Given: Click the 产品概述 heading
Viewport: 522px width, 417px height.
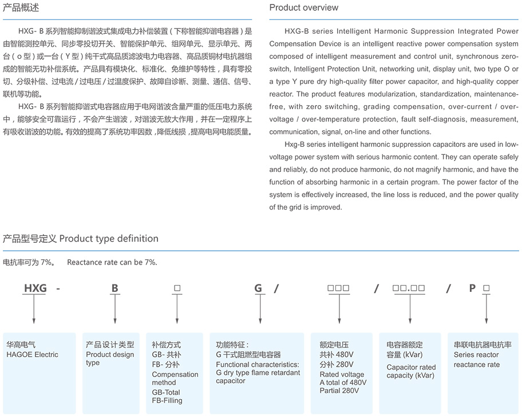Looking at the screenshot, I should point(21,7).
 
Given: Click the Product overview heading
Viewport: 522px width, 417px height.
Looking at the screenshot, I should point(303,7).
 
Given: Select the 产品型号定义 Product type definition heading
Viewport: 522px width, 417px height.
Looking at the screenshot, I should point(81,238).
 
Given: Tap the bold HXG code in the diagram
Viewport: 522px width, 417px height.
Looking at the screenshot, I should point(35,288).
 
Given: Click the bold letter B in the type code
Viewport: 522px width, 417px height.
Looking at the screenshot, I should point(114,288).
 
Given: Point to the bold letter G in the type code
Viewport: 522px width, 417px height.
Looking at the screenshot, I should point(258,288).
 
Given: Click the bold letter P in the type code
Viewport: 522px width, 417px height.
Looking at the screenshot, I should point(472,288).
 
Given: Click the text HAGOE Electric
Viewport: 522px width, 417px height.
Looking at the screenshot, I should point(32,355).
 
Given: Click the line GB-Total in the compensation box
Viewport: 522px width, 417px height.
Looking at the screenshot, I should point(166,392).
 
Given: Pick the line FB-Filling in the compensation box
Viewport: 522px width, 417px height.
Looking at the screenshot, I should point(167,400).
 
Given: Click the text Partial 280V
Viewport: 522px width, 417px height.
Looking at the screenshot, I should point(340,391).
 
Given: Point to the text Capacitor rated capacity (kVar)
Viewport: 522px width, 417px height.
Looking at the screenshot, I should point(411,371).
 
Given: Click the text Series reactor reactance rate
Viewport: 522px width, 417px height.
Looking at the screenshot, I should point(477,360).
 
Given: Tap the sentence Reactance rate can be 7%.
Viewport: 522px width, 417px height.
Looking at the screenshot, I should point(112,262).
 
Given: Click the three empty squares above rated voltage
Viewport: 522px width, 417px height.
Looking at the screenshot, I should point(338,288).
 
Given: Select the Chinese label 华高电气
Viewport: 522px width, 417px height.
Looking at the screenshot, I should point(21,345).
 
